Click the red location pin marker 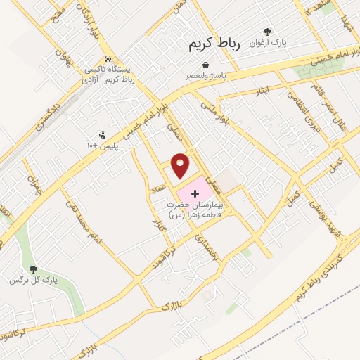pos(181,164)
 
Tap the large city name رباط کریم pos(214,44)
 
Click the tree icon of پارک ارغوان pos(267,31)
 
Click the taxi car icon pos(107,58)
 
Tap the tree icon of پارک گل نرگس pos(33,269)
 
